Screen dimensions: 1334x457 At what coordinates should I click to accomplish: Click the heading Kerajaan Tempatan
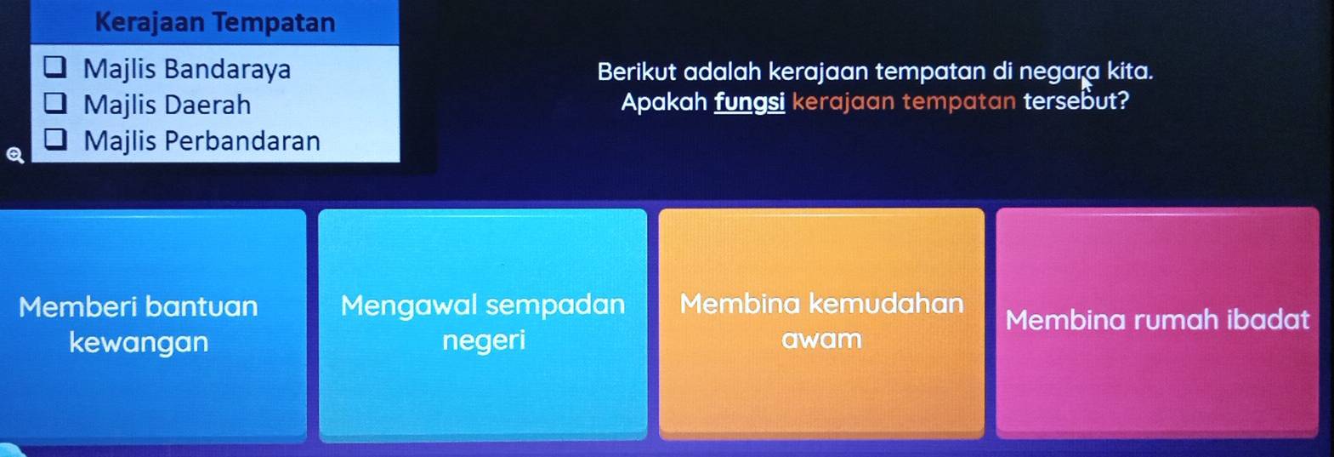(215, 23)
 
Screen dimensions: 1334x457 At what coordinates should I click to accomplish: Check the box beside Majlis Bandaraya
(55, 67)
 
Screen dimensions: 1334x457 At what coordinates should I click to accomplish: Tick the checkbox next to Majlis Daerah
(55, 103)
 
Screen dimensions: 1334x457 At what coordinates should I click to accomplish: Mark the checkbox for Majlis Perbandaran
(55, 139)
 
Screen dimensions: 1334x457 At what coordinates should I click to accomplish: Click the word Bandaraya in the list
(228, 69)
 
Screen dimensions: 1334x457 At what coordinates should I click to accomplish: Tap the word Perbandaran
(242, 141)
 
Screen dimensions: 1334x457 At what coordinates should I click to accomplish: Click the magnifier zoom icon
(15, 156)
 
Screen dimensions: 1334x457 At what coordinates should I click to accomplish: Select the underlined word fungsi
(750, 102)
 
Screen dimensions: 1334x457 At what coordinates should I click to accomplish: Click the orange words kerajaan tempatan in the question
(904, 102)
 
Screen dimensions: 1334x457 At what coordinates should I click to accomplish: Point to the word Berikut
(637, 72)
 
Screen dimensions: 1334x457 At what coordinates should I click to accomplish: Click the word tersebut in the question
(1076, 101)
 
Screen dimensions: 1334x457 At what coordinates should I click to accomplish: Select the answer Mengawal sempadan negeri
(483, 324)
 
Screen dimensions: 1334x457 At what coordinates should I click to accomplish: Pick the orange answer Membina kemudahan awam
(821, 323)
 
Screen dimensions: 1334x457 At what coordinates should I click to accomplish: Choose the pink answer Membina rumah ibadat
(1157, 323)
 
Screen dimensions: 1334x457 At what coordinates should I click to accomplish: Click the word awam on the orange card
(821, 340)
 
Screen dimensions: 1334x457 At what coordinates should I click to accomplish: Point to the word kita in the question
(1130, 71)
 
